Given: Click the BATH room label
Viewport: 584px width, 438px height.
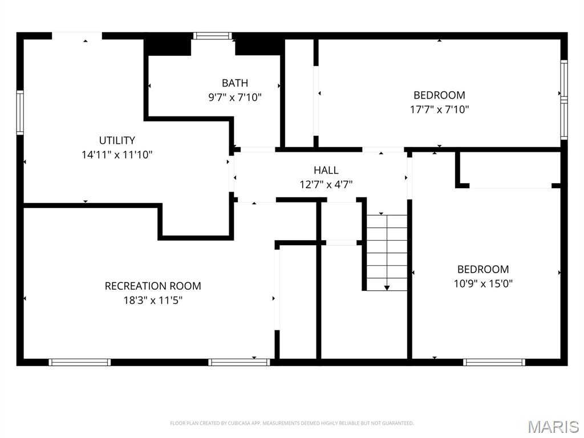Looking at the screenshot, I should pyautogui.click(x=235, y=83).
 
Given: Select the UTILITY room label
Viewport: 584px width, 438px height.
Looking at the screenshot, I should pyautogui.click(x=117, y=140).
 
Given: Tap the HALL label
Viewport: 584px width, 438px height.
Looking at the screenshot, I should pyautogui.click(x=326, y=170).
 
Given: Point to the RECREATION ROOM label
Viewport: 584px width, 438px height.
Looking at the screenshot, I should pyautogui.click(x=153, y=286).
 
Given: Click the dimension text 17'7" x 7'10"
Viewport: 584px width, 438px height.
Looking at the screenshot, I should pyautogui.click(x=439, y=109).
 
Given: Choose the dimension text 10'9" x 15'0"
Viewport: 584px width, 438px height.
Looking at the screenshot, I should pyautogui.click(x=483, y=283).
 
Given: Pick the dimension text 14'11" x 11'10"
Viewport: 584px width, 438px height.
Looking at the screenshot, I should pyautogui.click(x=117, y=154).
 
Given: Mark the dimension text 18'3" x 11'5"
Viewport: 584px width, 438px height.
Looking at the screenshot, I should pyautogui.click(x=153, y=300).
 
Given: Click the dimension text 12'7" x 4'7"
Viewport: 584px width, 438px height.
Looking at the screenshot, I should pyautogui.click(x=326, y=184).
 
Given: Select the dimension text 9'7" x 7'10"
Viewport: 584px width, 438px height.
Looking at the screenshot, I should pyautogui.click(x=235, y=98).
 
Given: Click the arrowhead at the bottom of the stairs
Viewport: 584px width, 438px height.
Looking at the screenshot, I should pyautogui.click(x=387, y=288).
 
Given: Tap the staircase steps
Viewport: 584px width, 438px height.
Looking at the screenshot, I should pyautogui.click(x=387, y=251).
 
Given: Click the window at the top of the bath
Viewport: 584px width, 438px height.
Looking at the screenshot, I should pyautogui.click(x=212, y=35).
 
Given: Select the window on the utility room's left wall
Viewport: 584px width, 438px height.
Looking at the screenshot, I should pyautogui.click(x=20, y=113).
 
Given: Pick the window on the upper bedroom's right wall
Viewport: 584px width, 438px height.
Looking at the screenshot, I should pyautogui.click(x=563, y=100).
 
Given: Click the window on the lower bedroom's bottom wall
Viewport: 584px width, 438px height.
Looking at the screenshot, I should pyautogui.click(x=494, y=362).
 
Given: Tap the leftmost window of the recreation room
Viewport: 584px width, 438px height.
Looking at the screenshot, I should pyautogui.click(x=79, y=362).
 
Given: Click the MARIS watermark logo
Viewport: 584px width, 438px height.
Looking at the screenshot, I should pyautogui.click(x=553, y=427).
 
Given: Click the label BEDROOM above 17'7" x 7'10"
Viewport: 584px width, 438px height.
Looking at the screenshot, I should pyautogui.click(x=439, y=95).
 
